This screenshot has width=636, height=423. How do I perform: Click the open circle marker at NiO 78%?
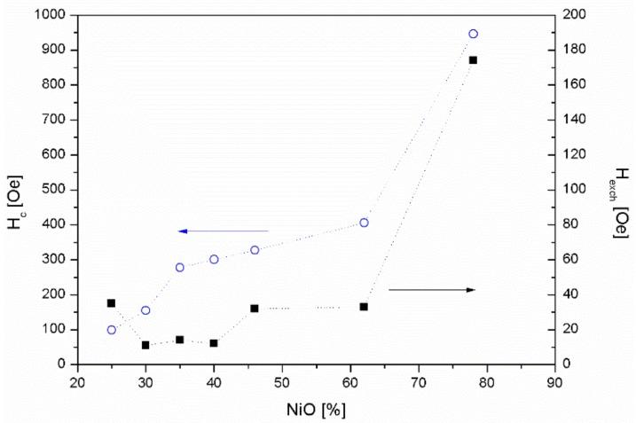[x=473, y=34]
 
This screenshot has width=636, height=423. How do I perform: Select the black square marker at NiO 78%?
[x=473, y=60]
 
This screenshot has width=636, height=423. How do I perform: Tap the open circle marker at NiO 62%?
[x=364, y=223]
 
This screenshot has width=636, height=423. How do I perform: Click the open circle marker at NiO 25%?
[x=112, y=330]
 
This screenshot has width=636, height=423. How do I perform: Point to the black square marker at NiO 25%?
[x=112, y=303]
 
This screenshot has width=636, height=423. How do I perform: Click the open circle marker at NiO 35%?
[x=180, y=267]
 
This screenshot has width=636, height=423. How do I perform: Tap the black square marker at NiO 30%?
[x=145, y=345]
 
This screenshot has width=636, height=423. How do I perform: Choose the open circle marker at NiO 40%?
[x=214, y=259]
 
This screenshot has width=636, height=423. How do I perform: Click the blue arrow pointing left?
[x=222, y=231]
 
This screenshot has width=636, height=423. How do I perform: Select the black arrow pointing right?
[x=432, y=290]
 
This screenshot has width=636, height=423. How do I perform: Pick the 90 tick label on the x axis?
[x=554, y=382]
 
